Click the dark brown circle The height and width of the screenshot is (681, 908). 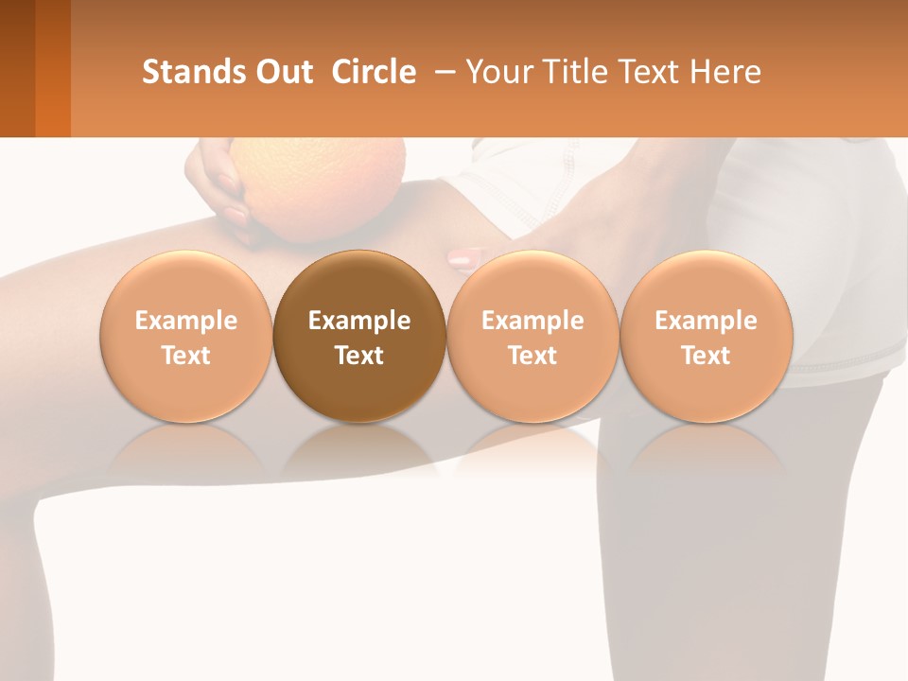tap(359, 284)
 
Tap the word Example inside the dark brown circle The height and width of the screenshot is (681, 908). tap(359, 321)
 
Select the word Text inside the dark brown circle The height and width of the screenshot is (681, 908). tap(359, 356)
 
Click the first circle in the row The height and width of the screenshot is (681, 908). tap(186, 284)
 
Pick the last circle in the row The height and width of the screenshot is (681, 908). tap(707, 284)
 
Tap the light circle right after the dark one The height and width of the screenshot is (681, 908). tap(533, 284)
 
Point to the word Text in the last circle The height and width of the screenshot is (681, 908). tap(707, 356)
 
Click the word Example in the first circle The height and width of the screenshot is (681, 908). tap(186, 321)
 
